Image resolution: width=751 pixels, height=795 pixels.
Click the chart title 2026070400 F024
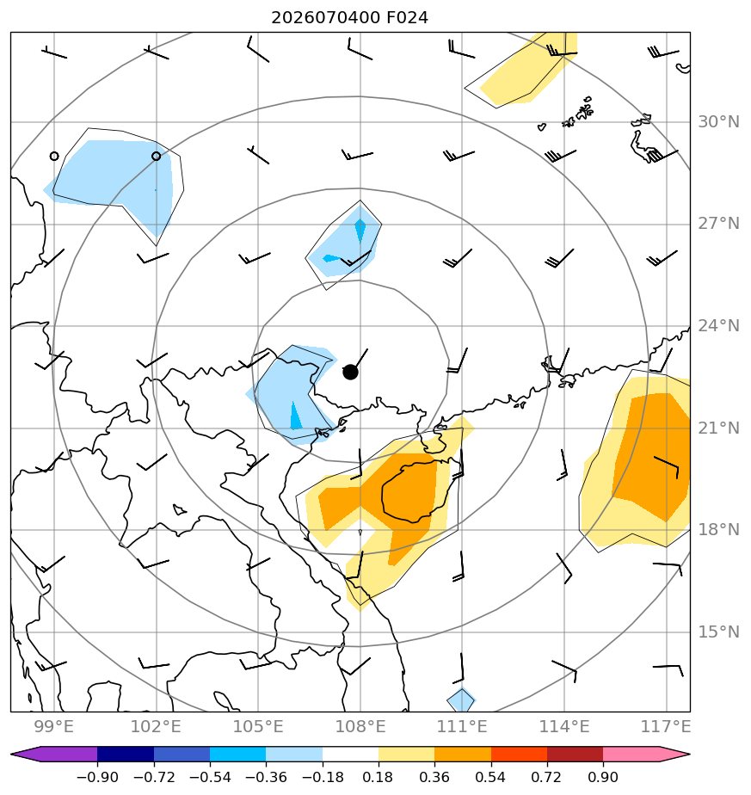point(349,18)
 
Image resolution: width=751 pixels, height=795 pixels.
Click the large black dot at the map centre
point(350,373)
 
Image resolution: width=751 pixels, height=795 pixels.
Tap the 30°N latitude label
point(718,121)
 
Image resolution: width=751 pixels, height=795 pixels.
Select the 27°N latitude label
point(718,224)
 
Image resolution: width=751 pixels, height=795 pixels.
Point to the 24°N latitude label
point(718,325)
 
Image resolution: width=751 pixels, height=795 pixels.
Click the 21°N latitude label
point(718,428)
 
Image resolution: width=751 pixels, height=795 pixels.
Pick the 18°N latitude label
point(718,530)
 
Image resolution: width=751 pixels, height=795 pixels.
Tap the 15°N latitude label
point(718,632)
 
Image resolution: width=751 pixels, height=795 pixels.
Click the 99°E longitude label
point(53,726)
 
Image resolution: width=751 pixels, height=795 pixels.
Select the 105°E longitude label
point(258,726)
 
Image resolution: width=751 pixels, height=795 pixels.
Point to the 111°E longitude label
point(462,726)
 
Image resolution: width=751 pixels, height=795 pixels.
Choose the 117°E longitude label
point(666,726)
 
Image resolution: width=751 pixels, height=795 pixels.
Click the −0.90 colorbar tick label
point(97,777)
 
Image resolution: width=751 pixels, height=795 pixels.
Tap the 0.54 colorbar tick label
point(491,777)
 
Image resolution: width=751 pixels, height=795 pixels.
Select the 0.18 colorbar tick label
point(379,777)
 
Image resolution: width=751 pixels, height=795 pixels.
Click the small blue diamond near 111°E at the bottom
point(461,700)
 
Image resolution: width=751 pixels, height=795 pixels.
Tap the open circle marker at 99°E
point(54,157)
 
